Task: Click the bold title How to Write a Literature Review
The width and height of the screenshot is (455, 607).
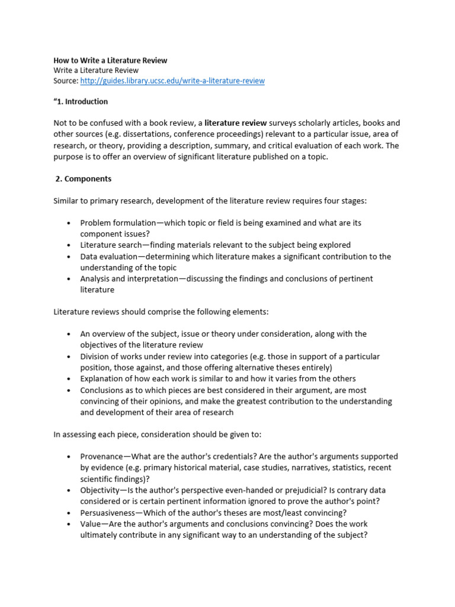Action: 110,60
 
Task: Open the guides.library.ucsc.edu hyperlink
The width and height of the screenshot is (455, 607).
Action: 172,81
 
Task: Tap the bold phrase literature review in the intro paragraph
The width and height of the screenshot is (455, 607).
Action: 236,123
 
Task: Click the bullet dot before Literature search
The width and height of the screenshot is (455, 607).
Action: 70,245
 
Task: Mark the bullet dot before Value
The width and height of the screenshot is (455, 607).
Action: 70,524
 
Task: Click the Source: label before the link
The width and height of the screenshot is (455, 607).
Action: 65,81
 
